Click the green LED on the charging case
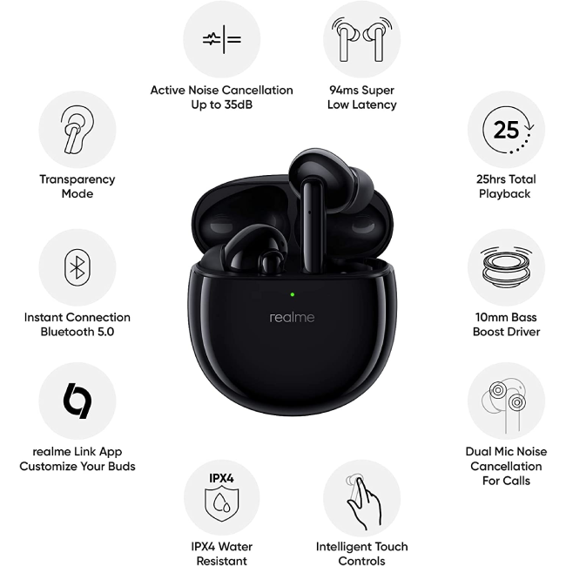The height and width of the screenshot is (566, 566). pyautogui.click(x=292, y=294)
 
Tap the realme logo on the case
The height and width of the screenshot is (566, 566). pyautogui.click(x=292, y=318)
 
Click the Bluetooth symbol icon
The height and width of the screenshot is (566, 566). pyautogui.click(x=77, y=267)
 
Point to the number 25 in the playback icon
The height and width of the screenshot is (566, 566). pyautogui.click(x=506, y=130)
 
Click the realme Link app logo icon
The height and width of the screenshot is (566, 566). pyautogui.click(x=77, y=401)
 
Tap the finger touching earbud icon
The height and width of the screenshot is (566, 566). pyautogui.click(x=362, y=502)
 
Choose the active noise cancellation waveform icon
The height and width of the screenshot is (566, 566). pyautogui.click(x=222, y=39)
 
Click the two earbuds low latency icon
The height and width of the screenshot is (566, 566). pyautogui.click(x=362, y=39)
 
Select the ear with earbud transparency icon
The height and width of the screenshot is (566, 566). pyautogui.click(x=77, y=130)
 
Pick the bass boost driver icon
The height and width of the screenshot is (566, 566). pyautogui.click(x=506, y=267)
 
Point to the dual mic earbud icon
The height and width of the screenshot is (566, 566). pyautogui.click(x=503, y=405)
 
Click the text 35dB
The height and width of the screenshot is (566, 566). pyautogui.click(x=239, y=104)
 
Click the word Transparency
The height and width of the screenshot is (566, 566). pyautogui.click(x=77, y=179)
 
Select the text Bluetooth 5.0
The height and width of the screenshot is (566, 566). pyautogui.click(x=77, y=332)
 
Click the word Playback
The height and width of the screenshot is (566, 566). pyautogui.click(x=505, y=194)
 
